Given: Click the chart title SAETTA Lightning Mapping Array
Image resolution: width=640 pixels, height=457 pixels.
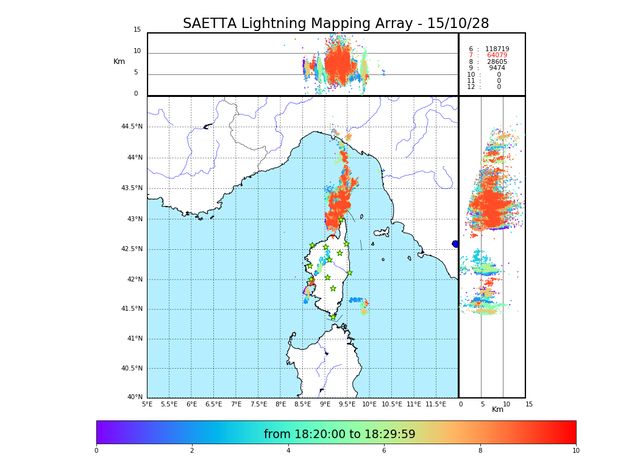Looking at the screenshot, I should coord(336,24).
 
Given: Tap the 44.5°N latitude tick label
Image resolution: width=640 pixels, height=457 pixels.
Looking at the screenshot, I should coord(132,127).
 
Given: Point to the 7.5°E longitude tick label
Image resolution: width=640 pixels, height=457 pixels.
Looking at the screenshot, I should coord(258,404).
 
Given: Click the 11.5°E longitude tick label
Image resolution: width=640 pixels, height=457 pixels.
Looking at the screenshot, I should coord(436,404).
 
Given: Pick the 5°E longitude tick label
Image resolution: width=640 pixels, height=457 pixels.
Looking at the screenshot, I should coord(148,404).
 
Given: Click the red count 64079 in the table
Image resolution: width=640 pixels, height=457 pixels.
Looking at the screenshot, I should coord(497,55).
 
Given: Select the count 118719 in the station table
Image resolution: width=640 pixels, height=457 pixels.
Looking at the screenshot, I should coord(497,49).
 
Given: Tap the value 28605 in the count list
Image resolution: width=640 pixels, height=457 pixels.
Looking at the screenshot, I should coord(497,62).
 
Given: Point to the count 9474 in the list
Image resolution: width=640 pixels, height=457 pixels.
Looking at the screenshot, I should coord(497,68).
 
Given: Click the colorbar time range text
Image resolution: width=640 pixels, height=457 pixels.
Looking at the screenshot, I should coord(340,434).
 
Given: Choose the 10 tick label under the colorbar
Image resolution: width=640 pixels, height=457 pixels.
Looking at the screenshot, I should coord(575,451).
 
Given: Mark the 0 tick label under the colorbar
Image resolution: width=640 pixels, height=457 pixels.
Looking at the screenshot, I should coord(96,451).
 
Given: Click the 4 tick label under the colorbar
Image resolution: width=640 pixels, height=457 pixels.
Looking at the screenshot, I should coord(288,451).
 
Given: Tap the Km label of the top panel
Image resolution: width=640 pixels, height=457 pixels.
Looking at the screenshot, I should coord(119,62).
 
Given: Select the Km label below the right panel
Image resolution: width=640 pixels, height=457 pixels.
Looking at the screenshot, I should coord(498,409).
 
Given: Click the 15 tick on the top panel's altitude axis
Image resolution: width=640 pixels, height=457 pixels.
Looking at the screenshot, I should coord(137,30).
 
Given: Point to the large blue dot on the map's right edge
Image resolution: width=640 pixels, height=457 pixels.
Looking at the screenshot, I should coord(455,244).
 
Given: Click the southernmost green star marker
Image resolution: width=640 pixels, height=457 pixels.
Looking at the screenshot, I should coord(333,317).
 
